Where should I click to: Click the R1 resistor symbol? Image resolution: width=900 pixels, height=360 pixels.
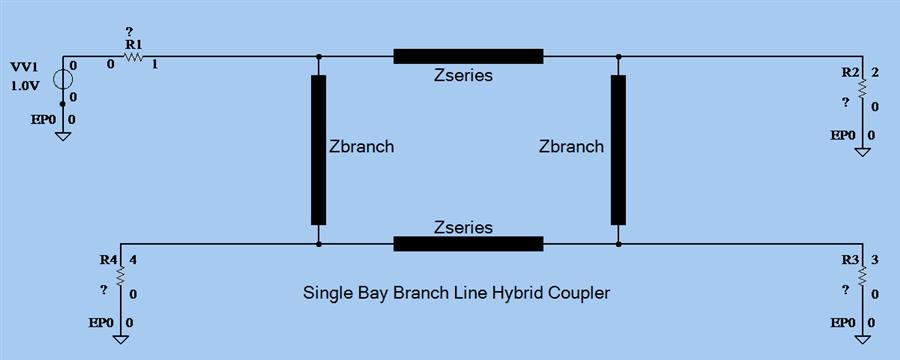pos(133,58)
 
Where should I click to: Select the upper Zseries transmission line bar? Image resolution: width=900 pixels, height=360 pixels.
pos(468,56)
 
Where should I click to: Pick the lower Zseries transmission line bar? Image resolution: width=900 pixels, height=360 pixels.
pos(468,244)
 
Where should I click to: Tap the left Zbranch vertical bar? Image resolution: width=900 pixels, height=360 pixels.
pos(318,150)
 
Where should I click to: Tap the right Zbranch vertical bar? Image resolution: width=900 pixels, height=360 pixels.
pos(619,150)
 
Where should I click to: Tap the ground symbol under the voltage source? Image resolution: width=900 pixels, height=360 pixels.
pos(62,134)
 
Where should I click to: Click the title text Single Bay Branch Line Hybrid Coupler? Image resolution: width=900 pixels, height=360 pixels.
pos(456,294)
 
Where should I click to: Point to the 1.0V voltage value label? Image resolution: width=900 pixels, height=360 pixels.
pos(24,86)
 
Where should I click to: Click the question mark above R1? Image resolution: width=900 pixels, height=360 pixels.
pos(129,32)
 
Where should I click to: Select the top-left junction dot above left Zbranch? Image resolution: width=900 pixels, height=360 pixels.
pos(318,57)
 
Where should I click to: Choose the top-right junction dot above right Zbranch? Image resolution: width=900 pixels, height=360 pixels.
pos(619,57)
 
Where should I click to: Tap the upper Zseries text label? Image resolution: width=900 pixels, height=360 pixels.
pos(463,75)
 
